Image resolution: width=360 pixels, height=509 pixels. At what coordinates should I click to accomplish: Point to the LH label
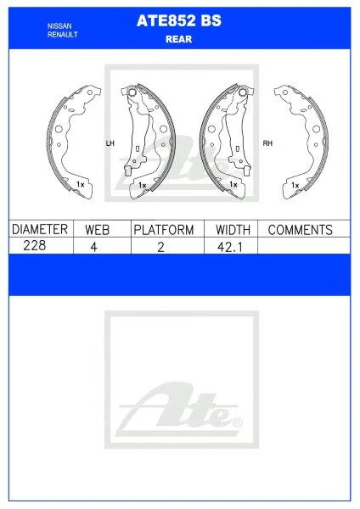pyautogui.click(x=109, y=143)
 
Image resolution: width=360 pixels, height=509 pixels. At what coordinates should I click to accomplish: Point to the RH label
pyautogui.click(x=267, y=143)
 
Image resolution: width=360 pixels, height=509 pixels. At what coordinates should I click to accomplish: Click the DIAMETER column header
pyautogui.click(x=37, y=230)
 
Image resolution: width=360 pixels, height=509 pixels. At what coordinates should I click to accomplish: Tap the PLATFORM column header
pyautogui.click(x=163, y=230)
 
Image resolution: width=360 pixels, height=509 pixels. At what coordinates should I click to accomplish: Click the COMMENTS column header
pyautogui.click(x=300, y=230)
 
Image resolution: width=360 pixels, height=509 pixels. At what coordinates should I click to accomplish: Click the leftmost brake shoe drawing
pyautogui.click(x=71, y=140)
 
